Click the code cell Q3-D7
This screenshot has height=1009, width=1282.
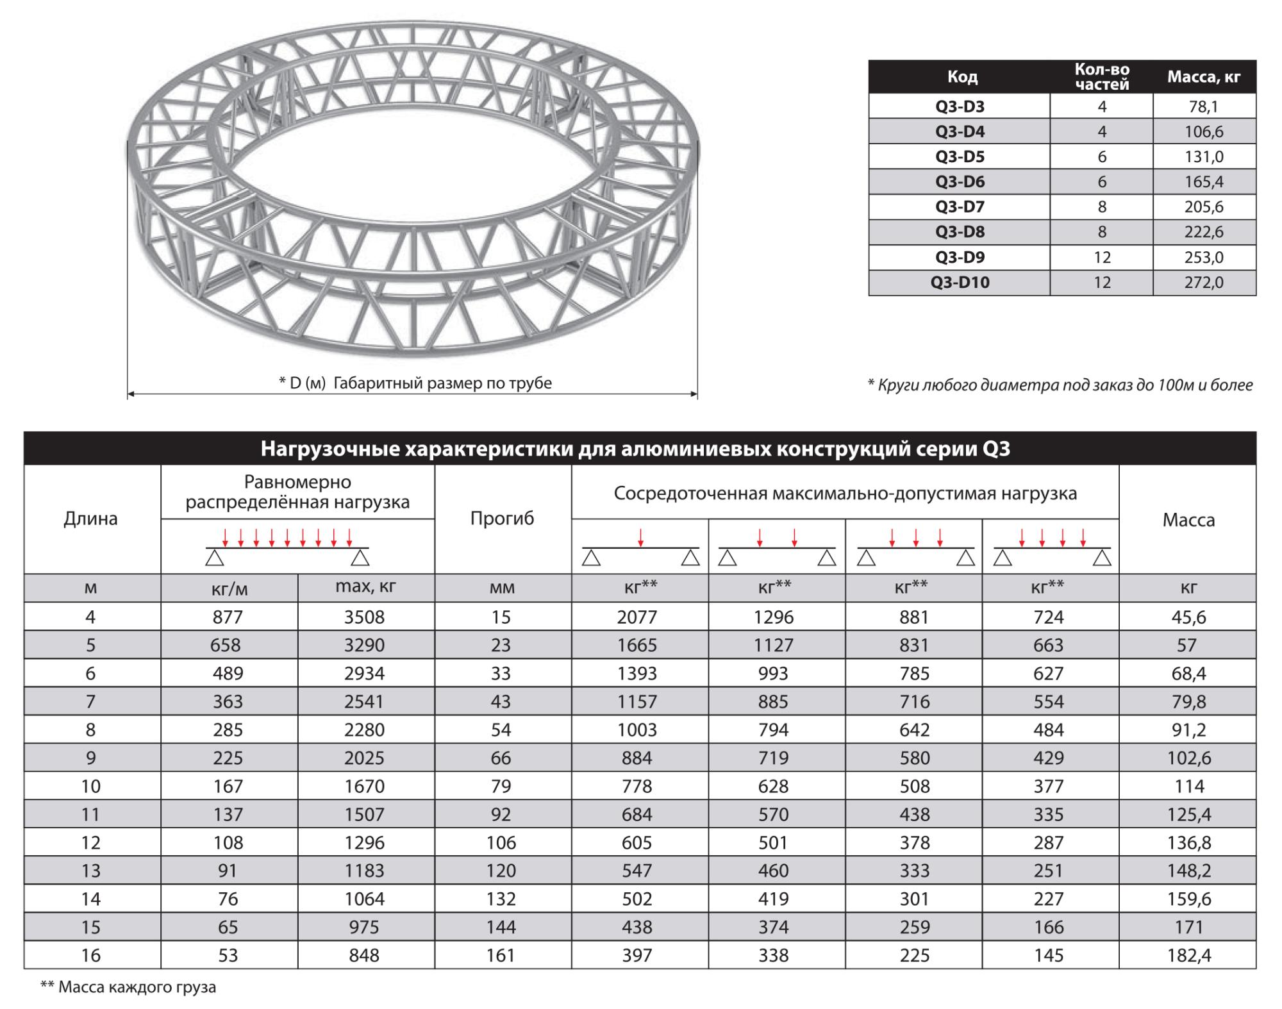point(959,207)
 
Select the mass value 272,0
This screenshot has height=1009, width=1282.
point(1204,283)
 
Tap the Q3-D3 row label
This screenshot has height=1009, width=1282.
point(959,106)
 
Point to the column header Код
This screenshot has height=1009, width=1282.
point(962,78)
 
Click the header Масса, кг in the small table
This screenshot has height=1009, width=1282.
point(1204,78)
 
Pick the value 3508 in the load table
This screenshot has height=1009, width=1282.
point(364,617)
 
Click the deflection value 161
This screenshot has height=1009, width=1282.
point(501,956)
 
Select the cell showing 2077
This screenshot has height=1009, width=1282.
point(637,617)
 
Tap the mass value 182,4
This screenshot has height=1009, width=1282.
point(1189,956)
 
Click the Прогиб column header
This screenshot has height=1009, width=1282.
point(502,519)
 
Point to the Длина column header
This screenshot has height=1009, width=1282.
point(91,519)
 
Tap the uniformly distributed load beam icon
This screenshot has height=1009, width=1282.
point(287,547)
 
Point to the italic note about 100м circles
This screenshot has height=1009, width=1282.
point(1060,385)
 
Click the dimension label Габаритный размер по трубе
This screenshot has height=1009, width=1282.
point(415,383)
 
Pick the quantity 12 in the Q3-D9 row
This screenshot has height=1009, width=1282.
point(1102,258)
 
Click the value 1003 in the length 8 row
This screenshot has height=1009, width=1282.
point(637,730)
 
